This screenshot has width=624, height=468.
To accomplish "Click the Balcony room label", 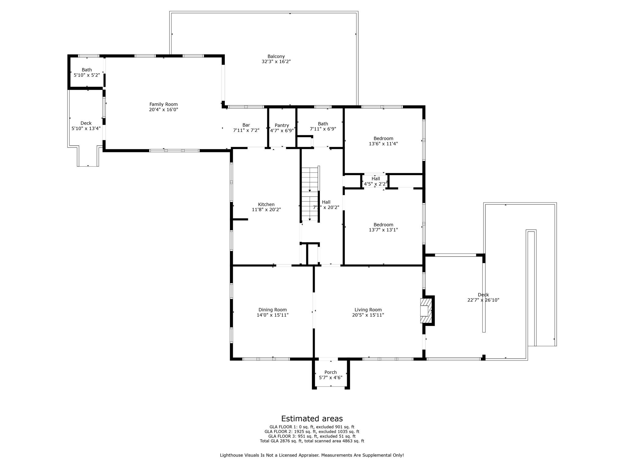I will tap(276, 56).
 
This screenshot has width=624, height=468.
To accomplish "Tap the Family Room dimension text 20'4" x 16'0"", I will tap(163, 110).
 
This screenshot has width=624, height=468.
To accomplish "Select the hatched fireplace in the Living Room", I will tap(426, 310).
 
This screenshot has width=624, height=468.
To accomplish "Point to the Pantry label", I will tap(282, 125).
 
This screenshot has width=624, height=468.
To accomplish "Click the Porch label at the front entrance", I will tap(330, 372).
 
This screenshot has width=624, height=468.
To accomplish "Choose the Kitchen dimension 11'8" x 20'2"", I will tap(266, 210).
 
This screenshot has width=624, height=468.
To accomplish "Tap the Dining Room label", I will tap(272, 310).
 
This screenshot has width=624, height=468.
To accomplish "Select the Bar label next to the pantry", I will tap(246, 125).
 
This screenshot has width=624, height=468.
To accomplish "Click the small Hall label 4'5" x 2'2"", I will tap(375, 179).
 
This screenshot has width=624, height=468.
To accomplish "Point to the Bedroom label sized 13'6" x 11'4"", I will tap(383, 138).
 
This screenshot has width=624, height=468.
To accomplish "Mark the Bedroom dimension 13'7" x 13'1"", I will tap(383, 230).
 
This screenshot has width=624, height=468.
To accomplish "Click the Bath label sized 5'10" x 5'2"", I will tap(87, 70).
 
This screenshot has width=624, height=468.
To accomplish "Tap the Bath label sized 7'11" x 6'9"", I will tap(323, 124).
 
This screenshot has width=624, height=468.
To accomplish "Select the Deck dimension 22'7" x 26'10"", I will tap(483, 300).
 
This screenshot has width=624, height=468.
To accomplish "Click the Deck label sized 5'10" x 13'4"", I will tap(86, 123).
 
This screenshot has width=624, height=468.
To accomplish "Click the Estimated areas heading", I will tap(312, 418).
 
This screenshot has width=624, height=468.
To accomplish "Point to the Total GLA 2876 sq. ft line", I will tap(312, 441).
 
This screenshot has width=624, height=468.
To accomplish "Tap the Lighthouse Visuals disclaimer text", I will tap(312, 455).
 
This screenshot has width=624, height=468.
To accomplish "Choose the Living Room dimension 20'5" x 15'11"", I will tap(368, 315).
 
